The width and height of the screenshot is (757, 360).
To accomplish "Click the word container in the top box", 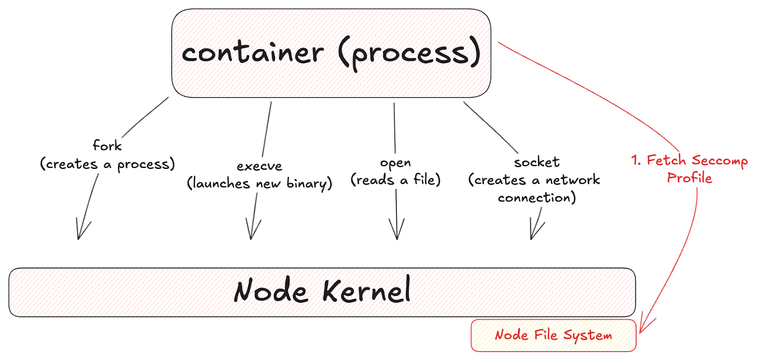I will (253, 53).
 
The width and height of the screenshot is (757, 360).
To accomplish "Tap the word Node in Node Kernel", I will (271, 290).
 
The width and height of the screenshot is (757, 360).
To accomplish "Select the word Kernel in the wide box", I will (366, 290).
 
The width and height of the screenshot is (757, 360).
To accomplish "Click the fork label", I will (107, 145).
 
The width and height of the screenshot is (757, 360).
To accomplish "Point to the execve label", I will (259, 166).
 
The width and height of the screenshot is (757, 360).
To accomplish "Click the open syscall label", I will (396, 163).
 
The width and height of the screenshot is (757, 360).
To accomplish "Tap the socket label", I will (537, 162).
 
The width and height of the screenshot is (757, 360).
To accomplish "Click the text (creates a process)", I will (107, 164).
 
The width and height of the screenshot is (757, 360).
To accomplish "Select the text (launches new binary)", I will (259, 183).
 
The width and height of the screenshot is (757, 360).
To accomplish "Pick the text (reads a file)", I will (396, 180).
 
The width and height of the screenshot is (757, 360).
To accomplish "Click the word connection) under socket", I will (537, 197).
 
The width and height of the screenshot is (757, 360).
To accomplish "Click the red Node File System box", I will (553, 335).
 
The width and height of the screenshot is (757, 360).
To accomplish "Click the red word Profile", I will (689, 178).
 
